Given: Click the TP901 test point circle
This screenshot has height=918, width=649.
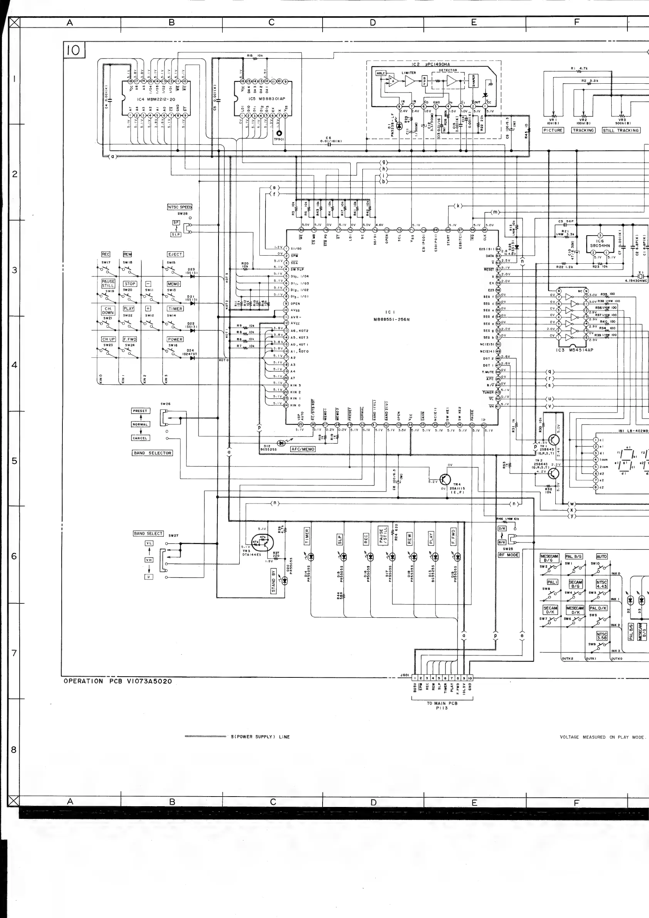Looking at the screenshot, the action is click(279, 133).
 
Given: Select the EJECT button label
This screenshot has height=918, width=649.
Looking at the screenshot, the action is click(175, 254).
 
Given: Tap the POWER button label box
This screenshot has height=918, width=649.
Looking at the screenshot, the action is click(175, 339).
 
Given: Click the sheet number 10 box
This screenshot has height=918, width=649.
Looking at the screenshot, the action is click(74, 51).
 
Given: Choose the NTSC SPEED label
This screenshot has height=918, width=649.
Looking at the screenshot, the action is click(180, 207).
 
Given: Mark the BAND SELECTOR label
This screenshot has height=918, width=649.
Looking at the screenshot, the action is click(152, 453).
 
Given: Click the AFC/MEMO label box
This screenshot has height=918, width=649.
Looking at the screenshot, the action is click(303, 449).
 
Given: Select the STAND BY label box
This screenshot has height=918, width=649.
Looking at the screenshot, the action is click(274, 581).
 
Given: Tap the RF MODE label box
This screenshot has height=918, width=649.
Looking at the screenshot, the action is click(509, 555).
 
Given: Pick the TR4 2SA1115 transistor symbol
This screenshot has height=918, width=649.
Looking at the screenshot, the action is click(445, 479).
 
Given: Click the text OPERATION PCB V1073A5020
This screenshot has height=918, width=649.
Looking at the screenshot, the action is click(118, 681).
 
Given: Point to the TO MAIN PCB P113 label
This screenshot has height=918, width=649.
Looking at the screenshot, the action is click(442, 705).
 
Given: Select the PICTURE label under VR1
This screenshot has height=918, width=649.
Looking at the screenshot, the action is click(553, 130).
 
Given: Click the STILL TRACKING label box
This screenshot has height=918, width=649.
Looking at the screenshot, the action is click(621, 130).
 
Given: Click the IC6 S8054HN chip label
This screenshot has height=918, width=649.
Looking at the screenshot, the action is click(600, 244).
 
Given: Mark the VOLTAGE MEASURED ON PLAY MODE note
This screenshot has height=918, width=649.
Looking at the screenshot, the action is click(602, 737).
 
